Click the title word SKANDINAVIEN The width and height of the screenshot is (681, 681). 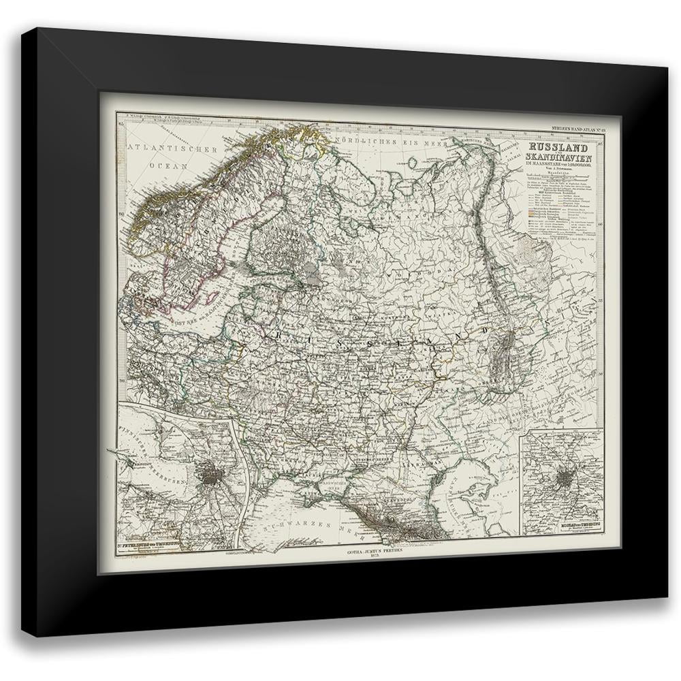pos(558,158)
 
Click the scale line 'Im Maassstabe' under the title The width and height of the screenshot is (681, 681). pos(558,168)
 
